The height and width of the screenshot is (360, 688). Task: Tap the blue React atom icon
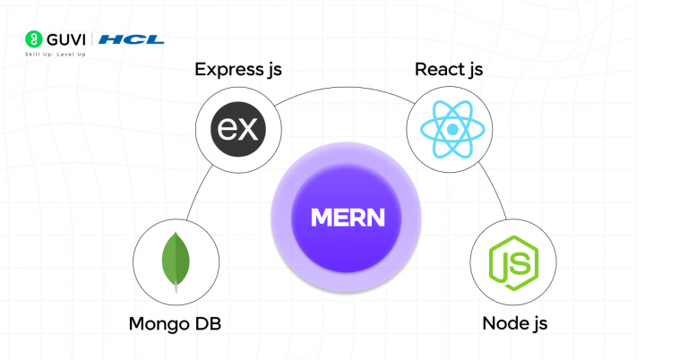pos(451,130)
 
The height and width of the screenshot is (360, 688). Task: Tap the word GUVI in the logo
pos(67,39)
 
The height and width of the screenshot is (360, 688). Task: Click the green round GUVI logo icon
pos(33,39)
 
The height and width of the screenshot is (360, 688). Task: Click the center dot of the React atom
pos(451,130)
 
